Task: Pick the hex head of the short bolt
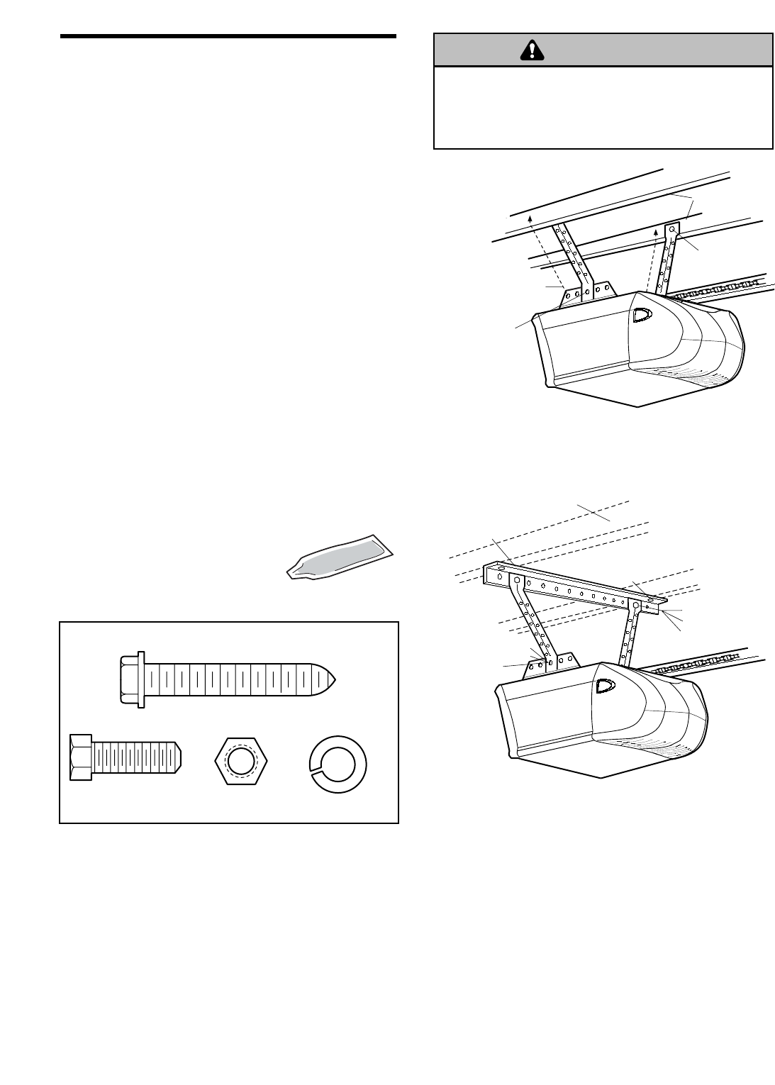(x=82, y=757)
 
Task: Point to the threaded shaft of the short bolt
(x=138, y=757)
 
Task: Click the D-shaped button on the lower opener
(x=606, y=686)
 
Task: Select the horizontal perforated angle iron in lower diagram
(x=574, y=587)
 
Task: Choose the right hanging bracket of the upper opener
(x=667, y=258)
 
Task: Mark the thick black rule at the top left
(x=228, y=36)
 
